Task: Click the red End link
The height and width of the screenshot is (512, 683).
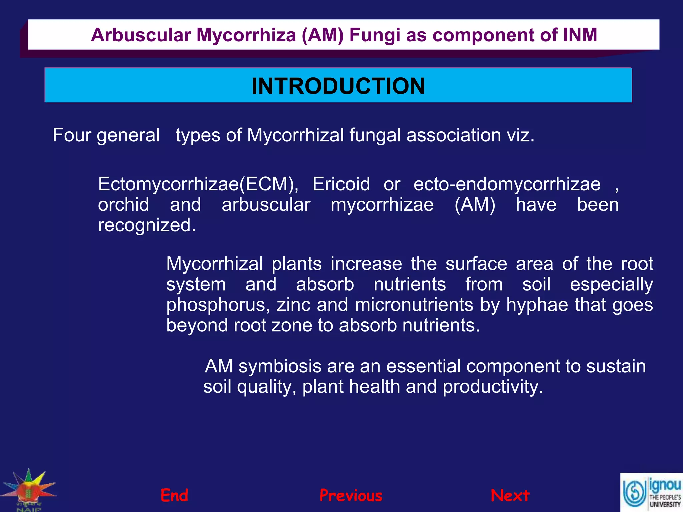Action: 174,495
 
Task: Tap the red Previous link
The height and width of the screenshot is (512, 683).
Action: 351,495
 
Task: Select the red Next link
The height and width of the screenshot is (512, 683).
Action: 510,495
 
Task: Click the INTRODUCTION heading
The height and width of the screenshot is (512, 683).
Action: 338,86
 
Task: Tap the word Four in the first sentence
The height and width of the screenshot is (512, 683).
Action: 72,135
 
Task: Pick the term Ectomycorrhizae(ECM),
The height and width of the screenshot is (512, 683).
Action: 198,184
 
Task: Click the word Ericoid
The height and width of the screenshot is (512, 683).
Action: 341,184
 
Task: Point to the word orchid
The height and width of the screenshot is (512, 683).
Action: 123,205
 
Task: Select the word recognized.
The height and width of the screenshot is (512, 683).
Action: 147,225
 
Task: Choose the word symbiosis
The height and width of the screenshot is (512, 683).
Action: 280,366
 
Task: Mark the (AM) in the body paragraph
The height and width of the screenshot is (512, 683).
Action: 475,205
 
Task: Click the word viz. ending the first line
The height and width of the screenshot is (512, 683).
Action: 521,135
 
